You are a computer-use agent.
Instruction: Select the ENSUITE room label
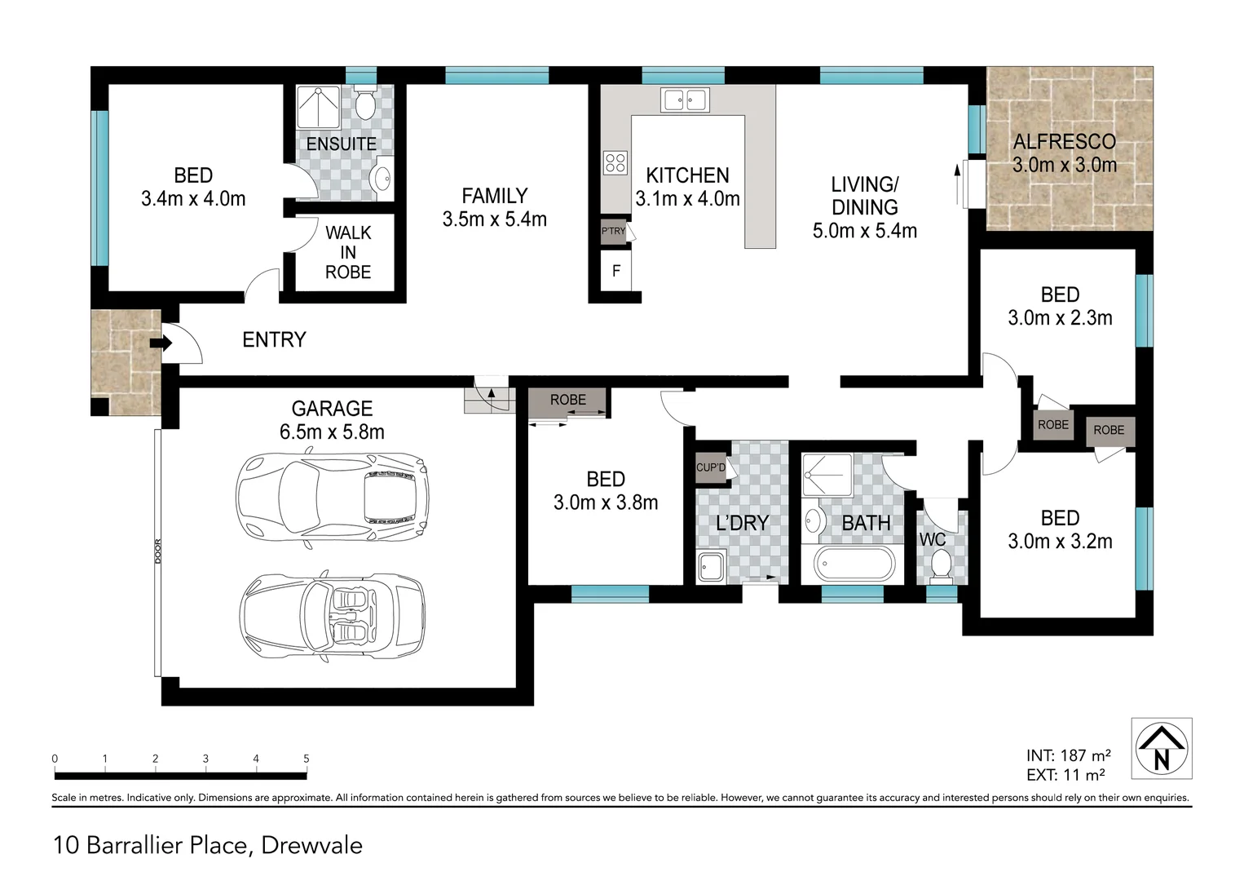pyautogui.click(x=341, y=144)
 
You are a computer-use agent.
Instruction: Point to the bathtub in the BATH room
pyautogui.click(x=854, y=564)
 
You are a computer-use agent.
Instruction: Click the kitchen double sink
pyautogui.click(x=684, y=100)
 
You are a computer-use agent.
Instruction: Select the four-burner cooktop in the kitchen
pyautogui.click(x=615, y=162)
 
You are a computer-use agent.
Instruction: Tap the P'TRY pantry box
pyautogui.click(x=613, y=231)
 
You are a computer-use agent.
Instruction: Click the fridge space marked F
pyautogui.click(x=616, y=271)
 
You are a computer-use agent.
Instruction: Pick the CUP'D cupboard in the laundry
pyautogui.click(x=711, y=467)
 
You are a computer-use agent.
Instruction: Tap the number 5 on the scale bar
pyautogui.click(x=307, y=759)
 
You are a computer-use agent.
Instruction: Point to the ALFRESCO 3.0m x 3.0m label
pyautogui.click(x=1064, y=153)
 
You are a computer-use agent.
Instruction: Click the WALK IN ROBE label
pyautogui.click(x=348, y=252)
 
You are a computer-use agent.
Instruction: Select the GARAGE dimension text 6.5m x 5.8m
pyautogui.click(x=332, y=432)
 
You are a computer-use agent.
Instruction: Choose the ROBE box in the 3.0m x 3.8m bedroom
pyautogui.click(x=567, y=401)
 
